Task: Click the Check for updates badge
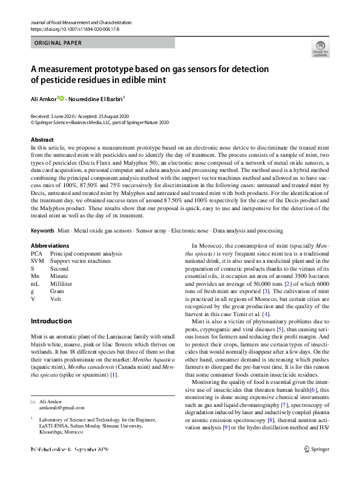click(x=320, y=48)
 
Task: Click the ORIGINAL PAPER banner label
click(x=58, y=43)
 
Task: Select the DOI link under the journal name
click(x=74, y=29)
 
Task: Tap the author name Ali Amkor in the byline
click(x=44, y=98)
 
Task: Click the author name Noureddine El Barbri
click(x=97, y=98)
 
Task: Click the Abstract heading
click(x=42, y=139)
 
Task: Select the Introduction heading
click(x=51, y=321)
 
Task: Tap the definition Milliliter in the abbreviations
click(x=63, y=283)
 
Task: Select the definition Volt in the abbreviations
click(x=56, y=298)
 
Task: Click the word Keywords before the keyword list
click(x=42, y=231)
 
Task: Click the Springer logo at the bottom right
click(x=316, y=449)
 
